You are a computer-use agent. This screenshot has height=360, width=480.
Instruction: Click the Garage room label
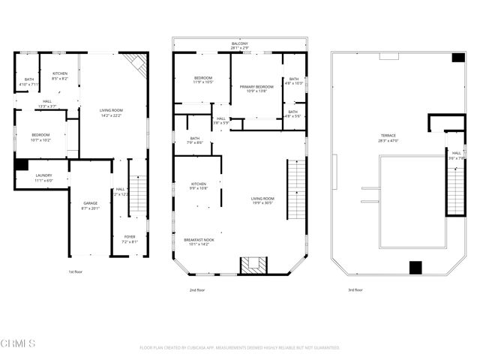[x=90, y=203]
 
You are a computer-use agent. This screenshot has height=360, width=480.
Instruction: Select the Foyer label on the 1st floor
[x=130, y=237]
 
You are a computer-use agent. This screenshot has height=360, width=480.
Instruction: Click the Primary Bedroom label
[x=256, y=87]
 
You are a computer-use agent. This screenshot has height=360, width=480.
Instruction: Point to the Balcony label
[x=239, y=44]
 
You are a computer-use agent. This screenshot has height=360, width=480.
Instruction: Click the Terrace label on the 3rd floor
[x=388, y=135]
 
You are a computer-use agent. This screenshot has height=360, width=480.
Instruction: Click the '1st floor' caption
[x=75, y=271]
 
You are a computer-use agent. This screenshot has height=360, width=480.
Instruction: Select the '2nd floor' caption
[x=199, y=289]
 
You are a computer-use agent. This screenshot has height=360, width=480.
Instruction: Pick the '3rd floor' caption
[x=355, y=289]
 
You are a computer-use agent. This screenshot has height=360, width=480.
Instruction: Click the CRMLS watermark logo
[x=18, y=343]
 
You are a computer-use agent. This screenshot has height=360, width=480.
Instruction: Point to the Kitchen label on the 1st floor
[x=59, y=73]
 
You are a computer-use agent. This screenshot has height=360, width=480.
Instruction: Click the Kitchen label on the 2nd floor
[x=198, y=184]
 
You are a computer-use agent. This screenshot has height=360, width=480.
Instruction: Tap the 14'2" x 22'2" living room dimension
[x=111, y=115]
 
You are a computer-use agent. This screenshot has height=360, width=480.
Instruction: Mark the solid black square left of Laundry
[x=21, y=164]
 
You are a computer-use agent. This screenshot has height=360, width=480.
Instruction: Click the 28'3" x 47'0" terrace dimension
[x=388, y=140]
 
